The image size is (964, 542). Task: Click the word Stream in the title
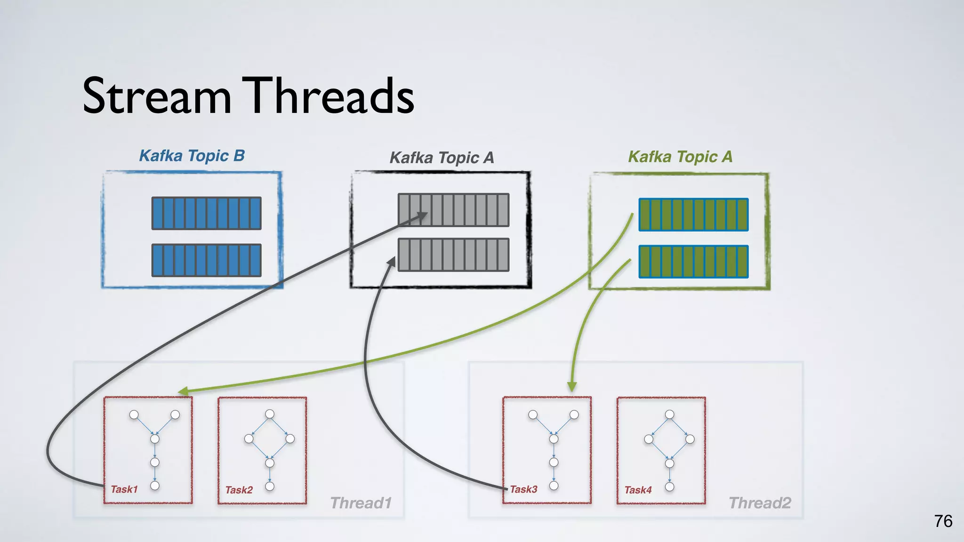point(157,96)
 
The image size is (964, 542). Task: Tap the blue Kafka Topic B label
point(192,156)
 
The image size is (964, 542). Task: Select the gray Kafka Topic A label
point(442,158)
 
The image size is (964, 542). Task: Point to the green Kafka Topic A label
point(680,157)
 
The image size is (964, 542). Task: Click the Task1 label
point(124,489)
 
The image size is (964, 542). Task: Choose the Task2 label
point(239,490)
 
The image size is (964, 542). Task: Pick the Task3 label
point(523,489)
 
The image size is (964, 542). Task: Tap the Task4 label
point(638,490)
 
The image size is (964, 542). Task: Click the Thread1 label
point(361,503)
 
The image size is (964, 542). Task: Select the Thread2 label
point(760,503)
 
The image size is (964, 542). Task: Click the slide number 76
point(943,521)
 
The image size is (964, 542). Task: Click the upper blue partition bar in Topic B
point(206,213)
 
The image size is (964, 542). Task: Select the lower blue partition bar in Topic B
point(206,260)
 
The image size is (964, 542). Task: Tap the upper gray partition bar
point(453,210)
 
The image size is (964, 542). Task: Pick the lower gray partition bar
point(453,255)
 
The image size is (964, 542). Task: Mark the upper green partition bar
point(693,215)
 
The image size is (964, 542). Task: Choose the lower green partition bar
point(693,262)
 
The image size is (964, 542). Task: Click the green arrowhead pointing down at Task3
point(572,387)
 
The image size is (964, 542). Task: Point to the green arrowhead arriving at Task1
point(183,391)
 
